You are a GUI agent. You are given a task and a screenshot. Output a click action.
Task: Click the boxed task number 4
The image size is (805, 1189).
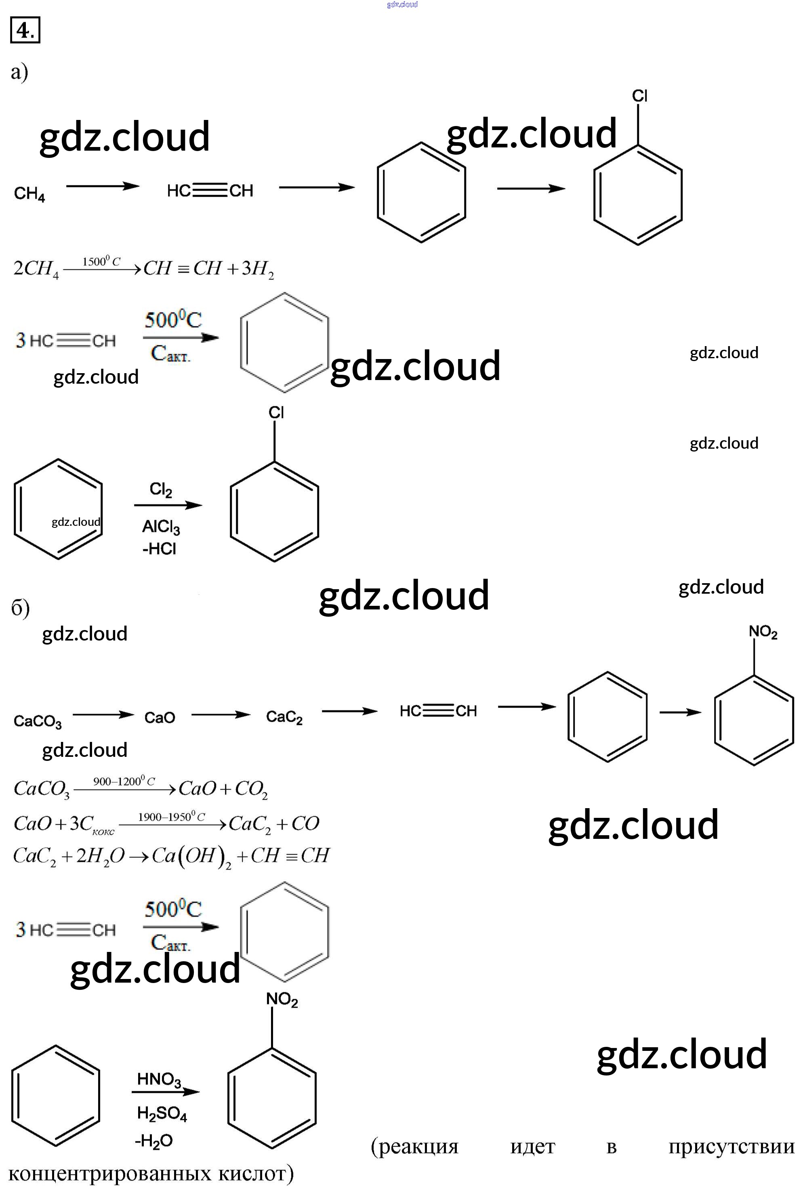[25, 31]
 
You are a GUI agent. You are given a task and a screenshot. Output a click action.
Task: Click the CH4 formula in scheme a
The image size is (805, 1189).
[29, 194]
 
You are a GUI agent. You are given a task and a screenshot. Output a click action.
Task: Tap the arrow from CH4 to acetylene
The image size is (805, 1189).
[102, 187]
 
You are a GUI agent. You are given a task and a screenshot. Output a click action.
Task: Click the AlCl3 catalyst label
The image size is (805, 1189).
[161, 527]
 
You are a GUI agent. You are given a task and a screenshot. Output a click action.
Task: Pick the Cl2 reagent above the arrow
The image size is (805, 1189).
[160, 489]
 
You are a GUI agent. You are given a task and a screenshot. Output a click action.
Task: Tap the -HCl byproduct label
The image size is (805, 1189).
[159, 549]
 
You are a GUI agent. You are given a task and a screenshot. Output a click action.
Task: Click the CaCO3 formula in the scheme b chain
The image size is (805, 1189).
[37, 721]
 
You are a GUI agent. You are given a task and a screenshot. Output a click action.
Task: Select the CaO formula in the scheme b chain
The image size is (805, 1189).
[159, 718]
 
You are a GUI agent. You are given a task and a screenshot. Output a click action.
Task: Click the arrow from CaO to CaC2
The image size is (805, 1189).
[221, 715]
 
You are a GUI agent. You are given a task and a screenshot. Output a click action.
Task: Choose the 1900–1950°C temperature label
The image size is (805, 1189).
[171, 817]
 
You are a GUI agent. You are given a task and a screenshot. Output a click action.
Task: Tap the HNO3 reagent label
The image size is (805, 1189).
[159, 1079]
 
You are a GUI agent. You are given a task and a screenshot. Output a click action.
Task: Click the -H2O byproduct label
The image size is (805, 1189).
[153, 1141]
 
